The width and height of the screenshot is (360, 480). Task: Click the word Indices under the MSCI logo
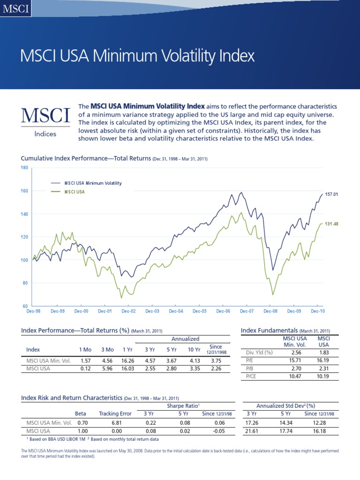pyautogui.click(x=45, y=134)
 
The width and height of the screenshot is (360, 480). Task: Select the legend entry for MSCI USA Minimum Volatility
pyautogui.click(x=90, y=183)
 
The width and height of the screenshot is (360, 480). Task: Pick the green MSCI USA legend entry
pyautogui.click(x=75, y=192)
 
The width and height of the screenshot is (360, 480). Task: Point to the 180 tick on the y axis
pyautogui.click(x=25, y=167)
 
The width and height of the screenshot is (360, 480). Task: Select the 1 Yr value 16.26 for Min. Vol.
pyautogui.click(x=127, y=361)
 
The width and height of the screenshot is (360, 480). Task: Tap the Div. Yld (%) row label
pyautogui.click(x=259, y=352)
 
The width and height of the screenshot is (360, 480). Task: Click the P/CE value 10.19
pyautogui.click(x=323, y=376)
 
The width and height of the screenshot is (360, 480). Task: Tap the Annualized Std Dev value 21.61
pyautogui.click(x=252, y=430)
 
